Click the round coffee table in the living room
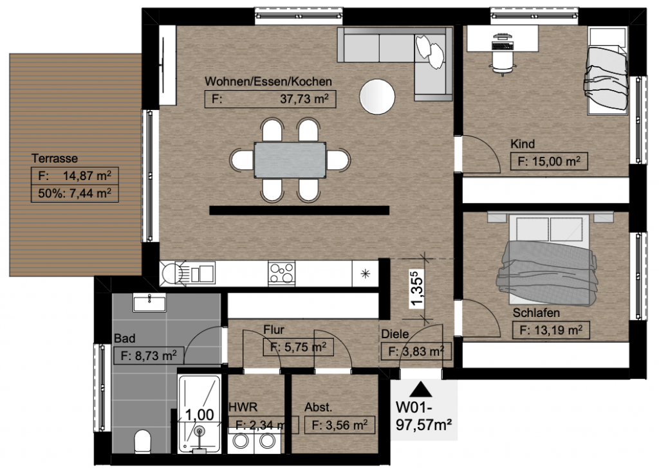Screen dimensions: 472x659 click(378, 96)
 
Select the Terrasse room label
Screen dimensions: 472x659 click(55, 158)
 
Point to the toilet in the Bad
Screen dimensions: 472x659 click(142, 442)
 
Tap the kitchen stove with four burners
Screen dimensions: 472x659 click(281, 273)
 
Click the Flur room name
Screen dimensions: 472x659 click(274, 331)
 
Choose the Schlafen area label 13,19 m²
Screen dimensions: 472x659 click(550, 331)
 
